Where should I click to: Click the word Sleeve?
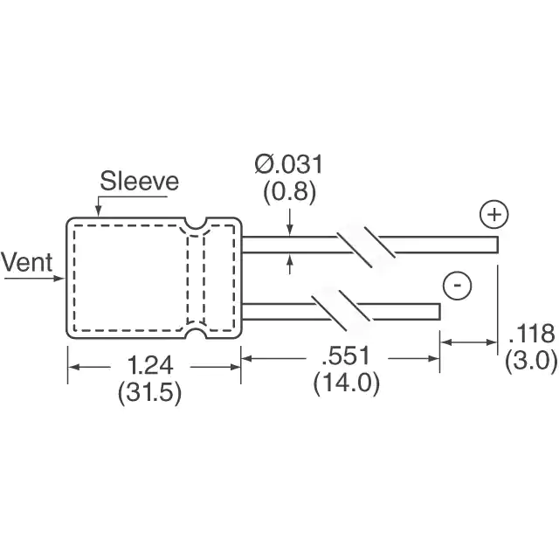click(x=139, y=181)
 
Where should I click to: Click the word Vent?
click(x=27, y=262)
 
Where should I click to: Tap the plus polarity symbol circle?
click(x=494, y=215)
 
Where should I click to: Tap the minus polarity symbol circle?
click(x=457, y=286)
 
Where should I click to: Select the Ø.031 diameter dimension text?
click(x=289, y=164)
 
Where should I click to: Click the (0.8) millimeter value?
click(x=289, y=192)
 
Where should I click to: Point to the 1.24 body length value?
click(x=150, y=365)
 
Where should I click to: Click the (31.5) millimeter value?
click(x=149, y=392)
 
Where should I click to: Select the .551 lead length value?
click(x=347, y=355)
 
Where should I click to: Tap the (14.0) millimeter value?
click(x=347, y=383)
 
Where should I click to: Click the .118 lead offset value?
click(x=531, y=333)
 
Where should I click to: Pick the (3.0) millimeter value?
click(x=531, y=361)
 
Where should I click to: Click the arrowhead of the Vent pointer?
click(x=61, y=278)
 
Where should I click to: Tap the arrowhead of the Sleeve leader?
click(x=98, y=212)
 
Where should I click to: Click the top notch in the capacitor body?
click(x=196, y=224)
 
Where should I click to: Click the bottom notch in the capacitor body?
click(x=196, y=333)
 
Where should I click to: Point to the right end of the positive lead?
click(x=497, y=245)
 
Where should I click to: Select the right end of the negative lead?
click(x=440, y=312)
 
